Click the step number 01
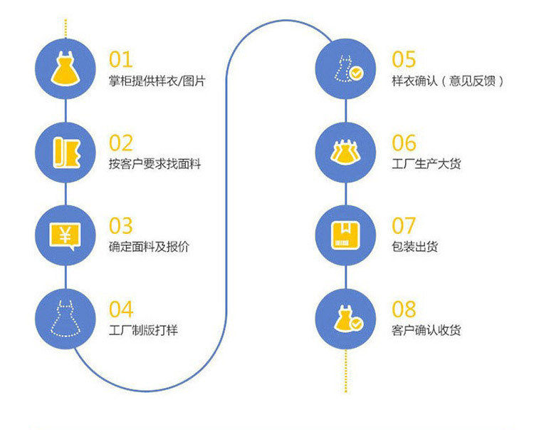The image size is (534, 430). pyautogui.click(x=120, y=60)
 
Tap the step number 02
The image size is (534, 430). pyautogui.click(x=121, y=143)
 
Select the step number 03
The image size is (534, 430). pyautogui.click(x=121, y=226)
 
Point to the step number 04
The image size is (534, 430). pyautogui.click(x=121, y=309)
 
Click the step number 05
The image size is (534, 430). pyautogui.click(x=404, y=60)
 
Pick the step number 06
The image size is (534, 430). pyautogui.click(x=404, y=143)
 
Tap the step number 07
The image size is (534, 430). pyautogui.click(x=404, y=226)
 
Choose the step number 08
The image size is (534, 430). pyautogui.click(x=404, y=309)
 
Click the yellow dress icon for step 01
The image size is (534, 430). pyautogui.click(x=65, y=68)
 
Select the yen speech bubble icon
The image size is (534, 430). pyautogui.click(x=65, y=234)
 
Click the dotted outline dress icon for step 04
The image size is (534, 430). pyautogui.click(x=65, y=317)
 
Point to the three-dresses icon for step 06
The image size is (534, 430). pyautogui.click(x=347, y=151)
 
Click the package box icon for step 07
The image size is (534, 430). pyautogui.click(x=347, y=234)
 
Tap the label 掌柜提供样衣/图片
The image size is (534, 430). pyautogui.click(x=157, y=81)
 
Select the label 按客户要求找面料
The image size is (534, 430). pyautogui.click(x=155, y=164)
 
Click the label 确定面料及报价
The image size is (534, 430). pyautogui.click(x=149, y=247)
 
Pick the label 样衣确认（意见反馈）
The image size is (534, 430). pyautogui.click(x=448, y=81)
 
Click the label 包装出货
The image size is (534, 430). pyautogui.click(x=414, y=247)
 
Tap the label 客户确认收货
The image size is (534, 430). pyautogui.click(x=426, y=330)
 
